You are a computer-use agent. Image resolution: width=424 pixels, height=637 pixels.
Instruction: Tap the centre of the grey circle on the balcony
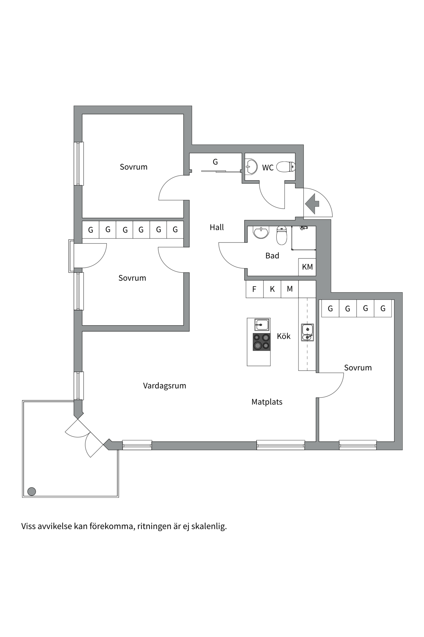[x=31, y=491]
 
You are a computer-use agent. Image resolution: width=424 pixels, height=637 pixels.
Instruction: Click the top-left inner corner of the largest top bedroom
[x=82, y=114]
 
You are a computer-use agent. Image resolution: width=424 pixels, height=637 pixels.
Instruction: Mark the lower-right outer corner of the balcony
[x=119, y=497]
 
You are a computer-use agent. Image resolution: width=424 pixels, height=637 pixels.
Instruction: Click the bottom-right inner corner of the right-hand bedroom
[x=394, y=441]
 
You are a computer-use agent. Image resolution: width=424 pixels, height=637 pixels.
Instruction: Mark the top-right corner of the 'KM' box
[x=316, y=259]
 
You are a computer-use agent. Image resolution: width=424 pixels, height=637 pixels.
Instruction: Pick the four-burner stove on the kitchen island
[x=262, y=342]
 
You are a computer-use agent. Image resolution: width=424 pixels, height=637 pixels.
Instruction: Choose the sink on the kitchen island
[x=262, y=324]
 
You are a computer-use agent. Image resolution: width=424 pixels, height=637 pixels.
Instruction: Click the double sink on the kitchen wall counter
[x=307, y=332]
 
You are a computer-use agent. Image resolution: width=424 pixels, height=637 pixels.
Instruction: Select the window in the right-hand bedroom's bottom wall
[x=358, y=445]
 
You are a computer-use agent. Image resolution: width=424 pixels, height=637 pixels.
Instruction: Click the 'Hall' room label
[x=217, y=227]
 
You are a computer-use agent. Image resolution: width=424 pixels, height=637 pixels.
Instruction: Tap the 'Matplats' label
[x=267, y=402]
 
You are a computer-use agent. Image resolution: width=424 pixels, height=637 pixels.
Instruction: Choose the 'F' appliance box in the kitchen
[x=254, y=289]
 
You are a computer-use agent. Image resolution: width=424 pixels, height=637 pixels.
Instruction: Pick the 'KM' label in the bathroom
[x=307, y=267]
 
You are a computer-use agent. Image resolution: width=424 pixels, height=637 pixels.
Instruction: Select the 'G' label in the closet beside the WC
[x=215, y=162]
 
